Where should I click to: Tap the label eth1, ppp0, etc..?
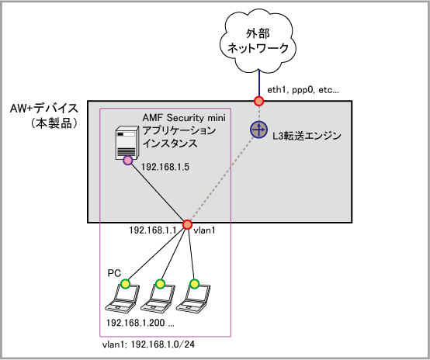[x=303, y=90]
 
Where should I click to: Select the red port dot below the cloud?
[x=258, y=101]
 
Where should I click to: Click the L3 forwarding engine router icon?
[x=258, y=130]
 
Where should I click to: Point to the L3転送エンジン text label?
[x=307, y=136]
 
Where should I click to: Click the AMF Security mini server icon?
[x=127, y=143]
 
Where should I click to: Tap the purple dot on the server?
[x=128, y=161]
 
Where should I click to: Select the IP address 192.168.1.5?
[x=165, y=167]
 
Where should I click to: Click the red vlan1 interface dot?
[x=187, y=224]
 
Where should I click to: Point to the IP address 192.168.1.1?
[x=153, y=230]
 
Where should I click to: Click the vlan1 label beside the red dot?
[x=204, y=230]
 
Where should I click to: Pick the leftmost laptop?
[x=123, y=298]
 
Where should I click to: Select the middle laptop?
[x=158, y=298]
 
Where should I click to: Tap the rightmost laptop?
[x=192, y=298]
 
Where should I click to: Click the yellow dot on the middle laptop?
[x=160, y=284]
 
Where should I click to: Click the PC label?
[x=114, y=273]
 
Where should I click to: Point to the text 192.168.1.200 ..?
[x=136, y=323]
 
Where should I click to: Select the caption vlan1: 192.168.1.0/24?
[x=148, y=344]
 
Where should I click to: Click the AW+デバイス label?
[x=44, y=109]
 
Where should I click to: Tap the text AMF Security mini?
[x=184, y=118]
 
